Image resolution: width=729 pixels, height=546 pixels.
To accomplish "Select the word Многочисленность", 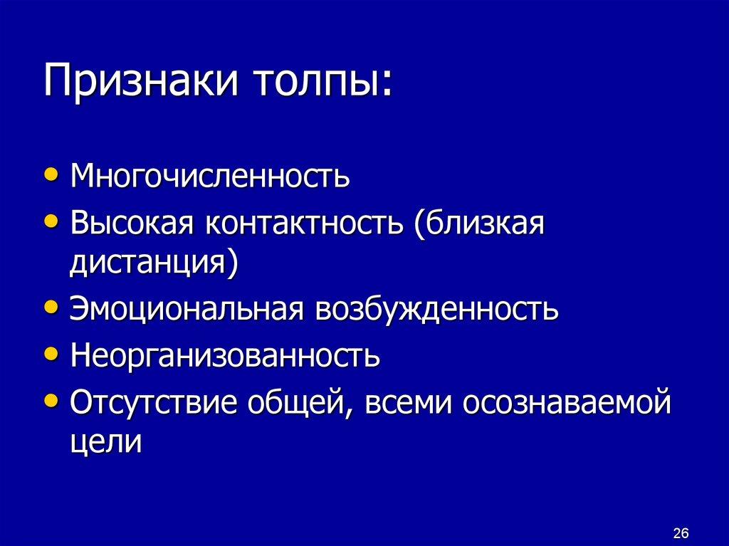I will (210, 175).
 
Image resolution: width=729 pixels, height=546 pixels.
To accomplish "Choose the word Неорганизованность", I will (225, 355).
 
